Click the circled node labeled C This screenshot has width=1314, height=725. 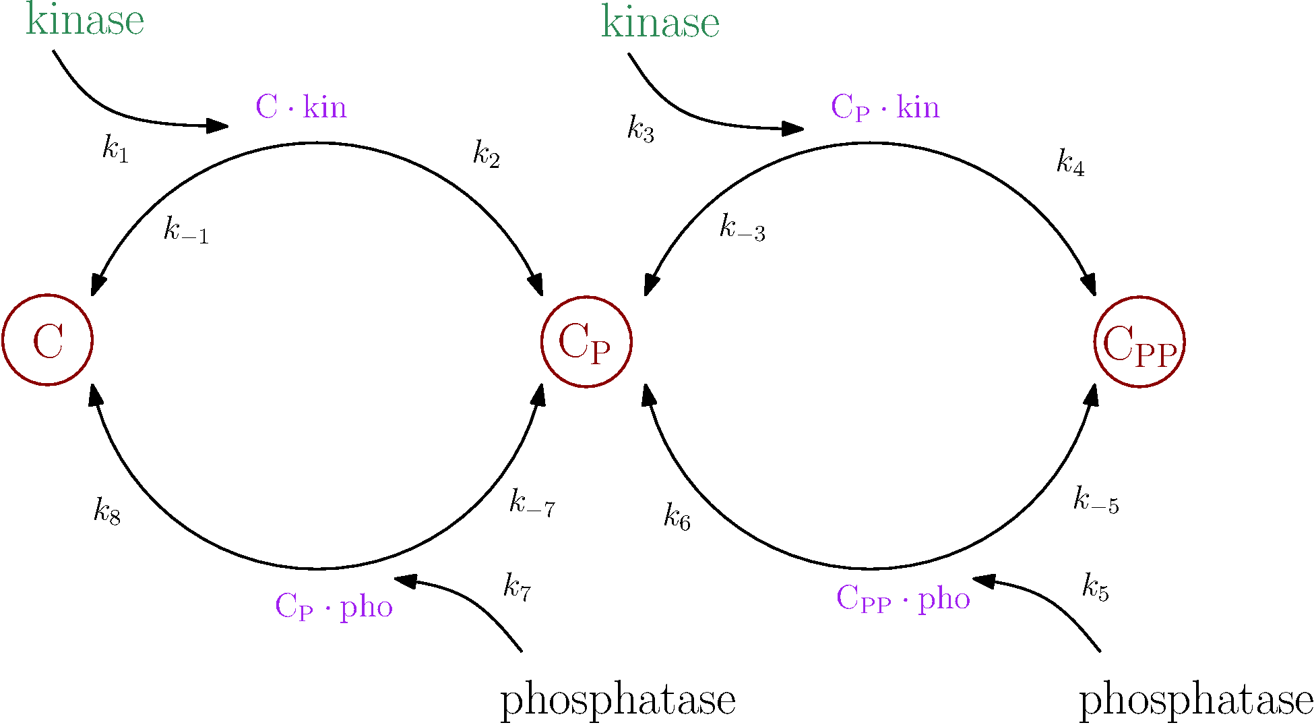[47, 340]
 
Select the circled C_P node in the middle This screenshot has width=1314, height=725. [586, 342]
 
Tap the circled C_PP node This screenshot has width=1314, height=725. [1139, 342]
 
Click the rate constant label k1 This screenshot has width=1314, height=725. [115, 148]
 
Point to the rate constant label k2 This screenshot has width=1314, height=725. [486, 154]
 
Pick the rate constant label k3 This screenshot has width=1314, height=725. [640, 128]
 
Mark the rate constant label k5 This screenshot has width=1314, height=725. [1095, 587]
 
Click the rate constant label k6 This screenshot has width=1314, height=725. [677, 517]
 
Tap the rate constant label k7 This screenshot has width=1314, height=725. [517, 587]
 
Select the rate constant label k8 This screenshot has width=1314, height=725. [107, 511]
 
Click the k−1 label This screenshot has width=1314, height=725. [186, 231]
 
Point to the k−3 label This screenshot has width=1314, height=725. [742, 228]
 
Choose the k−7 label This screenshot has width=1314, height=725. [532, 503]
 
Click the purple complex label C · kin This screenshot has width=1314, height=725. [301, 107]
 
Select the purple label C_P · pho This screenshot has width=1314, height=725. [334, 606]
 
